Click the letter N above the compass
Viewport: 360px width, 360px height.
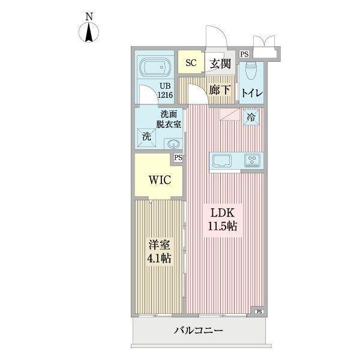(89, 16)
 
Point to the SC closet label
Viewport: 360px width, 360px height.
(191, 63)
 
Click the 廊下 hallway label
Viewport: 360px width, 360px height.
(220, 91)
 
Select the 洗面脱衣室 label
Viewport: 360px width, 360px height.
(169, 119)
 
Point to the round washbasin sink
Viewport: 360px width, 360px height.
(173, 144)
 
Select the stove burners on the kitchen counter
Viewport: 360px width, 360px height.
(253, 160)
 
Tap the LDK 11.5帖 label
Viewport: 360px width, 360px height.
(223, 220)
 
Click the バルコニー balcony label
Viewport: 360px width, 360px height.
(199, 331)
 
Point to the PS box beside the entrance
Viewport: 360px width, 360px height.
(244, 54)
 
